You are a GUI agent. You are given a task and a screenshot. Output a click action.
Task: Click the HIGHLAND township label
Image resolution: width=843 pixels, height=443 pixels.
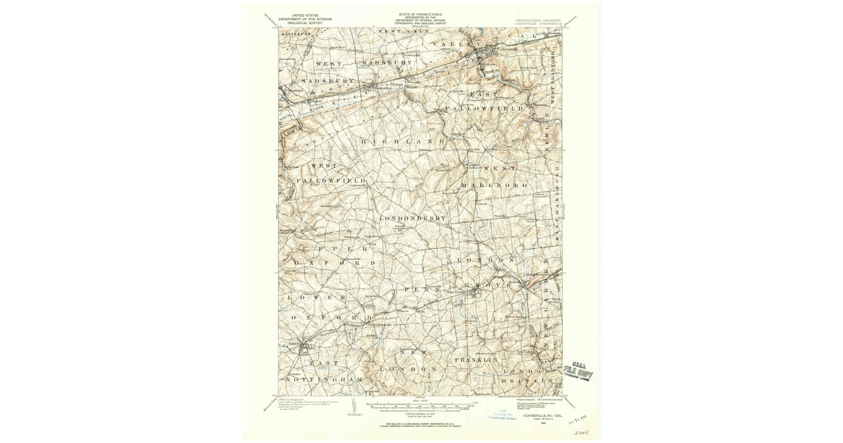pyautogui.click(x=403, y=141)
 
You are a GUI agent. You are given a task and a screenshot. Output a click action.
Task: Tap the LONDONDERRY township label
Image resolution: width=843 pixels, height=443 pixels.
pyautogui.click(x=412, y=218)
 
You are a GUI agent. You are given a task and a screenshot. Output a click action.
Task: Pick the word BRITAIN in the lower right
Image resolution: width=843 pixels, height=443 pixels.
pyautogui.click(x=523, y=380)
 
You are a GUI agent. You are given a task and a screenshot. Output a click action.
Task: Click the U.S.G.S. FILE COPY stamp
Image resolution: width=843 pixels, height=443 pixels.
pyautogui.click(x=582, y=370)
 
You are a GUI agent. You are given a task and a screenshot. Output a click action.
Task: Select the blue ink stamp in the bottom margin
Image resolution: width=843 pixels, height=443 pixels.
pyautogui.click(x=504, y=414)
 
